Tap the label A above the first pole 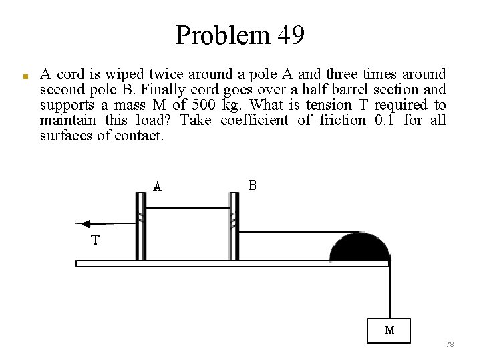tap(157, 187)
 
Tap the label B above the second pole tap(252, 185)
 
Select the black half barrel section tap(360, 247)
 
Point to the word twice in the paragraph tap(166, 73)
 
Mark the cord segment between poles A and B tap(188, 208)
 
